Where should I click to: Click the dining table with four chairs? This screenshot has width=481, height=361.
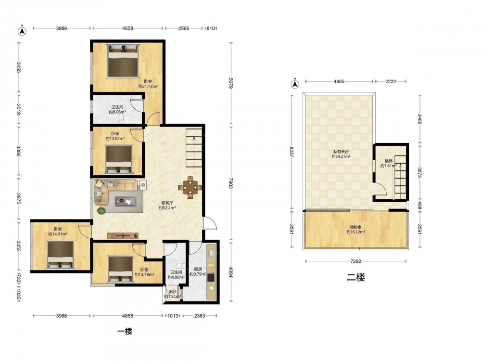tap(190, 187)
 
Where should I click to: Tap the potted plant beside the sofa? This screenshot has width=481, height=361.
tap(101, 211)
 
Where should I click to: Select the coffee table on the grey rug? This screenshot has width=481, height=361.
tap(126, 201)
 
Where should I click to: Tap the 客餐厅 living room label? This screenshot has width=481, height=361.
tap(167, 203)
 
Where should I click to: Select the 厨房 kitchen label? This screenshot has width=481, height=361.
tap(198, 269)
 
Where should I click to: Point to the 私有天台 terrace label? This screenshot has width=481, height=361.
tap(341, 152)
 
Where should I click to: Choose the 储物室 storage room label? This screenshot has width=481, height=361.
tap(355, 227)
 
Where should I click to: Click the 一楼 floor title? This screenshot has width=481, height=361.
tap(125, 331)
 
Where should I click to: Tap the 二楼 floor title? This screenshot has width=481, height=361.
tap(356, 278)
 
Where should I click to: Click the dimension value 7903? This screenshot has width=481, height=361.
tap(231, 186)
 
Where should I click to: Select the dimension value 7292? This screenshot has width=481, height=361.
tap(356, 261)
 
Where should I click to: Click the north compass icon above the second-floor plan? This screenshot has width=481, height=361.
tap(295, 83)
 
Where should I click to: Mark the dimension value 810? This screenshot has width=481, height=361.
tap(211, 28)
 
